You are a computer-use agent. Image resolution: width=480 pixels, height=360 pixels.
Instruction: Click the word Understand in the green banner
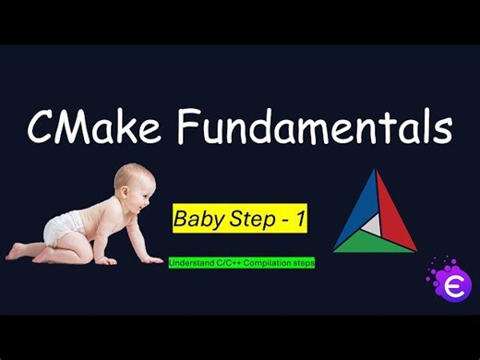point(190,263)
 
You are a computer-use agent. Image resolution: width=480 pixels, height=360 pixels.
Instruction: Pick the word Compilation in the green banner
point(267,263)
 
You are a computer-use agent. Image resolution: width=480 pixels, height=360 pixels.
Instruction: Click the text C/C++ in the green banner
point(228,263)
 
